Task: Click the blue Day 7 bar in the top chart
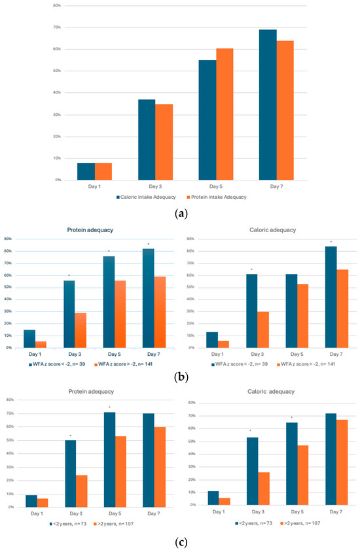(x=267, y=105)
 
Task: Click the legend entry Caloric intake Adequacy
(x=150, y=196)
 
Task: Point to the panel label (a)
(x=180, y=213)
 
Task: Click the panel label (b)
(x=180, y=378)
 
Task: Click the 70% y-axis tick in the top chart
(x=57, y=27)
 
